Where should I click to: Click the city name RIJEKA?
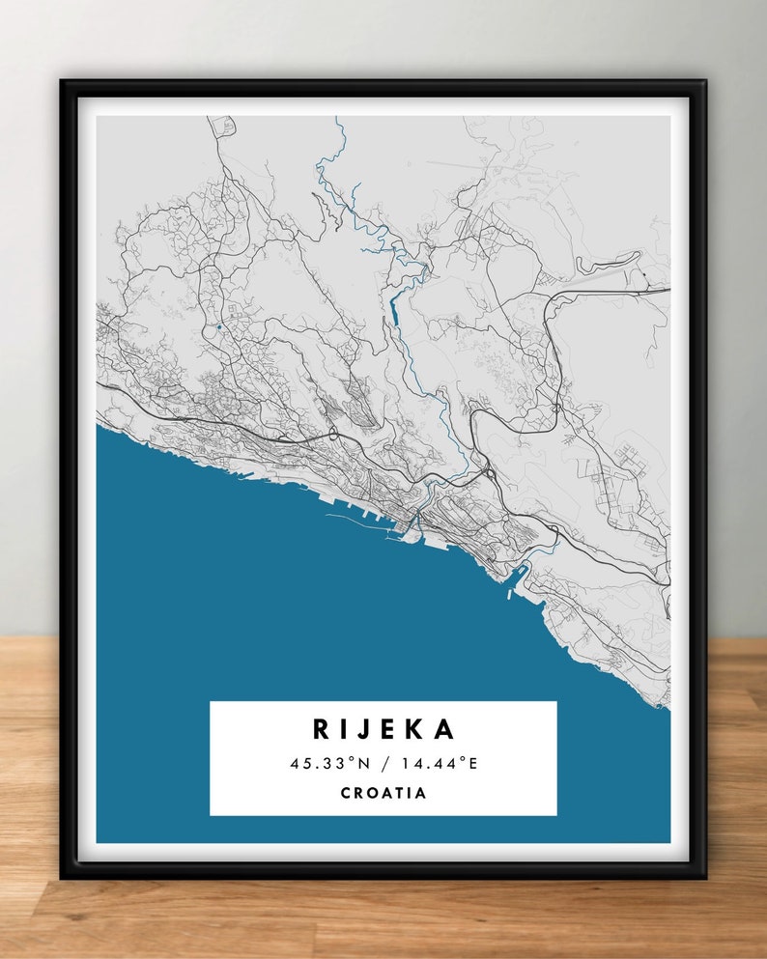[x=383, y=729]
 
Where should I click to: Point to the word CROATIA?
[x=383, y=793]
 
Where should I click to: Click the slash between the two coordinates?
[x=383, y=763]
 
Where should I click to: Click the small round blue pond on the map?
[x=220, y=327]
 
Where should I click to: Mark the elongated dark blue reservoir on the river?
[x=393, y=311]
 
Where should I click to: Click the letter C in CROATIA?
[x=346, y=793]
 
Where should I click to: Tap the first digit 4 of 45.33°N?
[x=294, y=763]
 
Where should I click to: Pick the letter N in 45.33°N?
[x=363, y=763]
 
